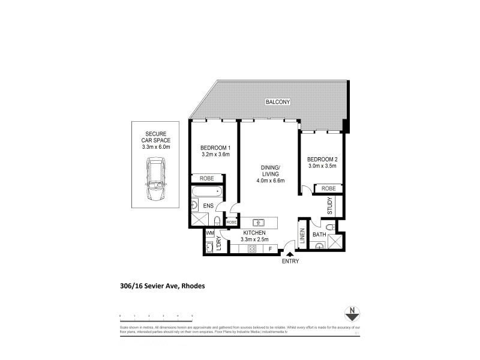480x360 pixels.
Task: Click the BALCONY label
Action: pyautogui.click(x=278, y=103)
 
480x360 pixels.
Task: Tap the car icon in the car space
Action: pyautogui.click(x=155, y=179)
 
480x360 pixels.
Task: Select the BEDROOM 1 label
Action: pyautogui.click(x=215, y=148)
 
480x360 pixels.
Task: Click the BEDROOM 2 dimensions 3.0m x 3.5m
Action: pyautogui.click(x=323, y=166)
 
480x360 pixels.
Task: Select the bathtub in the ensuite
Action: pyautogui.click(x=207, y=193)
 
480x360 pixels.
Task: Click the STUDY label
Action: pyautogui.click(x=329, y=206)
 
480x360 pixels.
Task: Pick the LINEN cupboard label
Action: pyautogui.click(x=302, y=236)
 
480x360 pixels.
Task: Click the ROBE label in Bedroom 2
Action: pyautogui.click(x=328, y=188)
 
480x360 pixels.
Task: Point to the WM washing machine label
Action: pyautogui.click(x=210, y=233)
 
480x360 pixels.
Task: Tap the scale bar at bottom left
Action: pyautogui.click(x=155, y=316)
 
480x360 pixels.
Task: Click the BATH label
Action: pyautogui.click(x=319, y=235)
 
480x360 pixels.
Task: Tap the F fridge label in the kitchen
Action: pyautogui.click(x=270, y=248)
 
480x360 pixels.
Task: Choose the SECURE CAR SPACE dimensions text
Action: pyautogui.click(x=155, y=146)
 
